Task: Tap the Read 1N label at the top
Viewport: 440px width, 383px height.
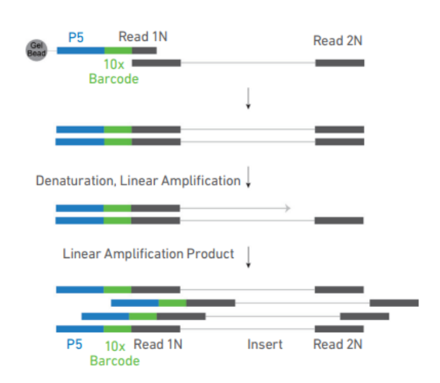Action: (x=142, y=36)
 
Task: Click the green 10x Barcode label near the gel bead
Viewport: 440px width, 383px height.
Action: (x=114, y=72)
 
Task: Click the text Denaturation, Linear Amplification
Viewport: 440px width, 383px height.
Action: (x=138, y=181)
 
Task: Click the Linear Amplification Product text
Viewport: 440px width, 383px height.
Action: (x=148, y=254)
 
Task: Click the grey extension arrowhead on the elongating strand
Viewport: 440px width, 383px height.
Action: (x=285, y=208)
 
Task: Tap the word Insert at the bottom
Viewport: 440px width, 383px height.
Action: (x=265, y=344)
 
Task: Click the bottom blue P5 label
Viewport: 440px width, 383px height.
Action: (x=75, y=344)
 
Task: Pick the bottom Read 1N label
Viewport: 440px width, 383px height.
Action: (x=157, y=344)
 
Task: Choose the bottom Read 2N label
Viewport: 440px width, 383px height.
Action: (x=337, y=344)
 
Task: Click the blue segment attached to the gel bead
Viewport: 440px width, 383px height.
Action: (x=81, y=50)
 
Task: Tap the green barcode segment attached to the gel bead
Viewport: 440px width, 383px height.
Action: (x=118, y=50)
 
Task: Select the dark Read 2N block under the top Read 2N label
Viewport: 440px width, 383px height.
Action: (x=339, y=63)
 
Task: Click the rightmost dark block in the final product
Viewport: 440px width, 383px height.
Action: (x=394, y=302)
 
